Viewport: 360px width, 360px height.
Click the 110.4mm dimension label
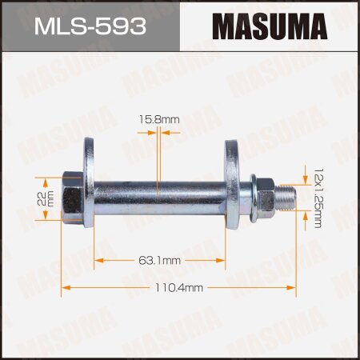[182, 286]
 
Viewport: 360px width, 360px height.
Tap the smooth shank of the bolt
[160, 193]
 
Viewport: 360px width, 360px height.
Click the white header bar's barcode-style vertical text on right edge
[354, 180]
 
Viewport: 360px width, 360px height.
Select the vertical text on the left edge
[6, 180]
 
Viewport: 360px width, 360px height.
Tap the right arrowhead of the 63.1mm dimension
[229, 260]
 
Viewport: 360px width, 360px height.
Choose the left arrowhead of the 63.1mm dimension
[98, 260]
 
